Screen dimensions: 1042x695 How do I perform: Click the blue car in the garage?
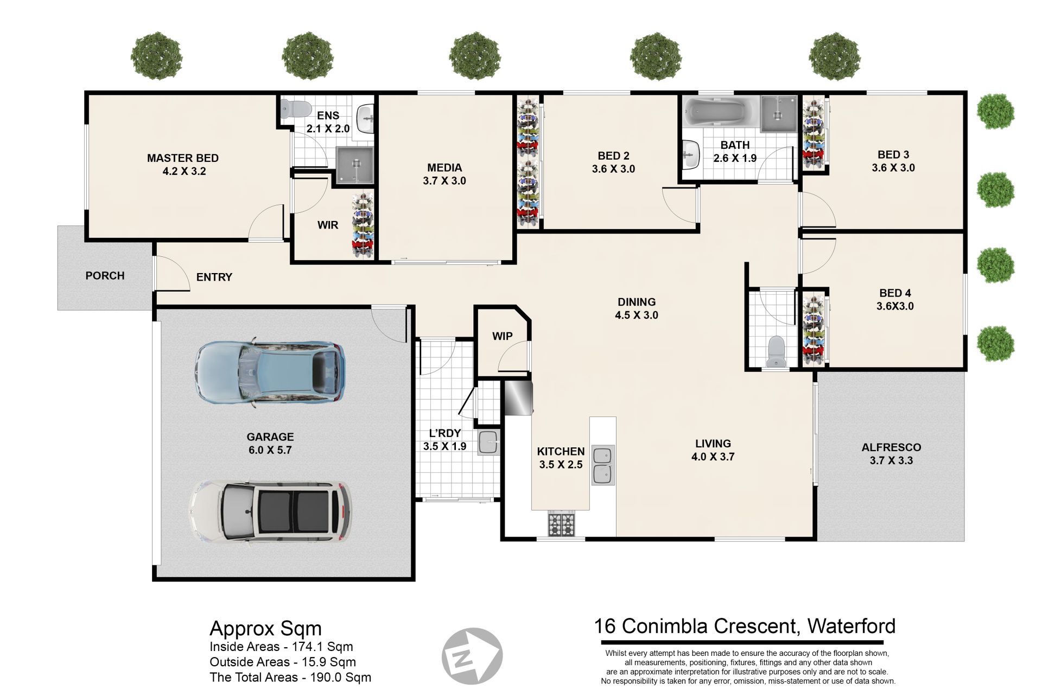coord(270,372)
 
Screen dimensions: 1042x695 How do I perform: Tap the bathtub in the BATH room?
coord(720,113)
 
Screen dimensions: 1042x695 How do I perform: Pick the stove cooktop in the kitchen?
coord(561,525)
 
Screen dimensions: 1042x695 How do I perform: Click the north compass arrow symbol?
coord(472,656)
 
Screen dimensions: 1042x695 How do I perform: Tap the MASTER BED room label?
coord(183,158)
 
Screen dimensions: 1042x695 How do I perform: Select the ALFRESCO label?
coord(891,447)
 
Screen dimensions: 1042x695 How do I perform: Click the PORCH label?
coord(105,276)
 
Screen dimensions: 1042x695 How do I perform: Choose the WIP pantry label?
coord(502,336)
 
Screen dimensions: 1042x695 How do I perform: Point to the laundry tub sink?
coord(488,442)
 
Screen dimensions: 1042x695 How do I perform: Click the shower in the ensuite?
coord(355,165)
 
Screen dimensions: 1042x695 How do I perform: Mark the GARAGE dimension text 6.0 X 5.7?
coord(270,450)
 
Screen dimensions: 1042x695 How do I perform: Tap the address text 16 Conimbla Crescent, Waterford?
coord(745,626)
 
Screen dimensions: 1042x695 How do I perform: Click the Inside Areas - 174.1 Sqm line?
coord(281,647)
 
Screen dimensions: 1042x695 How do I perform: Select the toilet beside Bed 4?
coord(776,351)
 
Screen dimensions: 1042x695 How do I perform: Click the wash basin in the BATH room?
coord(690,154)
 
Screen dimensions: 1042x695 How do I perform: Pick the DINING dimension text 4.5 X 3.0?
coord(636,315)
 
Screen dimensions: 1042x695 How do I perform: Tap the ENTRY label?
coord(214,277)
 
